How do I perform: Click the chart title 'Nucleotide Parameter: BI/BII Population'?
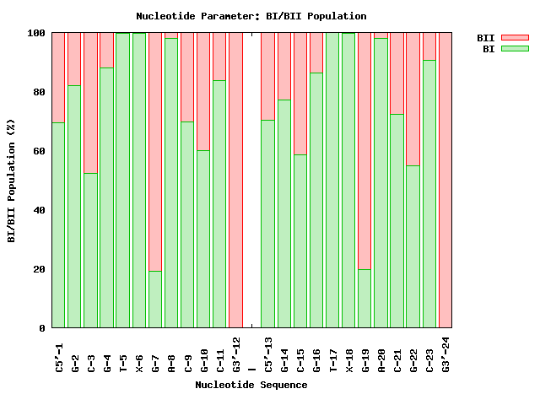coord(251,16)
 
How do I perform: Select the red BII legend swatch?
coord(514,38)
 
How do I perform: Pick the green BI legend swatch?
coord(514,49)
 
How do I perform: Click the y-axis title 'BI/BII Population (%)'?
coord(12,181)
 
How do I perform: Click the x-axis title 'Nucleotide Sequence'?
coord(251,385)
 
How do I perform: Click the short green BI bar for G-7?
coord(155,299)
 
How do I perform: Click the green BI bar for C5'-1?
coord(58,224)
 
